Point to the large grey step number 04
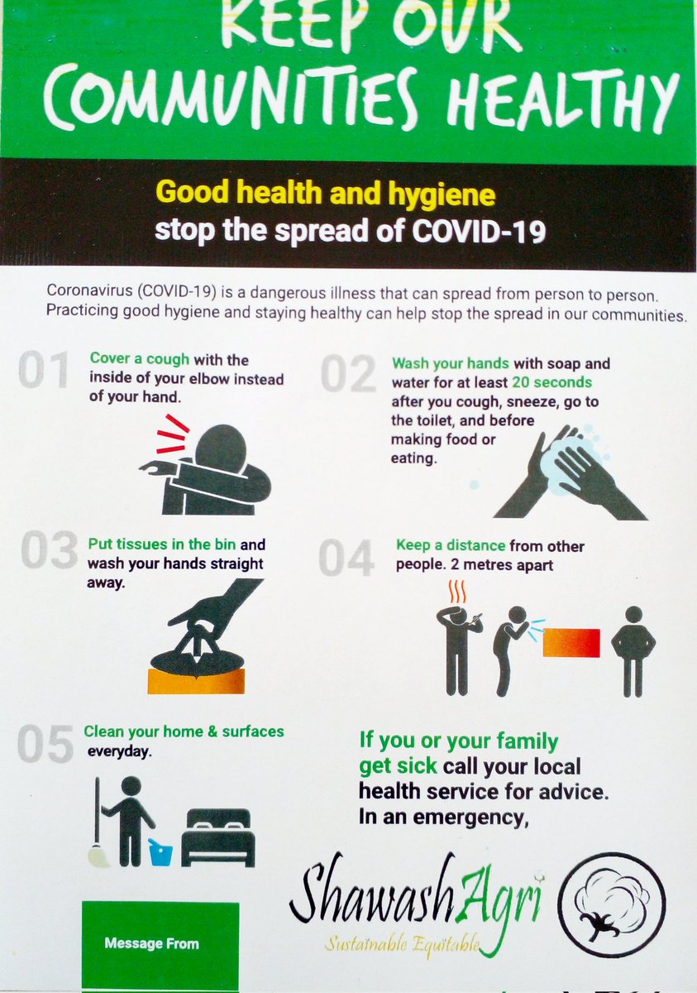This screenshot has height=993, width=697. coord(347,559)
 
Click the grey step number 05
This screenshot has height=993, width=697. coord(44,746)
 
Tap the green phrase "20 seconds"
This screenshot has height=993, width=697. coord(551,382)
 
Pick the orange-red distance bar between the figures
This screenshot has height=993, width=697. coord(571,642)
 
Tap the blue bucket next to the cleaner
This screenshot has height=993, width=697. coord(160,851)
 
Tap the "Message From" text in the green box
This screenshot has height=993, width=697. coord(151,943)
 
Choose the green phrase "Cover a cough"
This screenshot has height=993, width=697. coord(140,359)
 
